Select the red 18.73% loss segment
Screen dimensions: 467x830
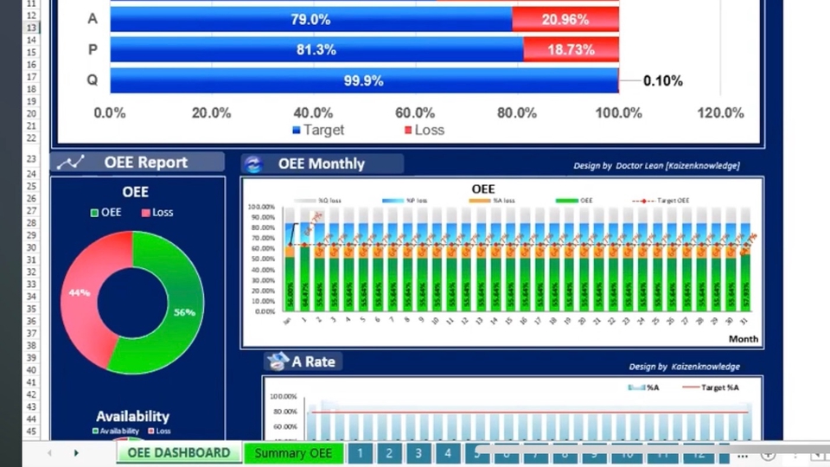coord(571,50)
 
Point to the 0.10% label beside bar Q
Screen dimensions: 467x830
coord(662,80)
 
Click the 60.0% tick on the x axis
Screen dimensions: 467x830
coord(415,112)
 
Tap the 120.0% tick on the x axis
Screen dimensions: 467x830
coord(719,112)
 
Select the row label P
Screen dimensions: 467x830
coord(93,50)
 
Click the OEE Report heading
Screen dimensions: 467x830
coord(145,163)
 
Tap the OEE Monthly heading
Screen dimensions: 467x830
coord(321,163)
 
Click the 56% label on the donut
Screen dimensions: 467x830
coord(184,312)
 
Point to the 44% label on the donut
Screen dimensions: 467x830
coord(80,292)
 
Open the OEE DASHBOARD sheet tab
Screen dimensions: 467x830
coord(178,453)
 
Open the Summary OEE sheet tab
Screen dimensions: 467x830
coord(293,453)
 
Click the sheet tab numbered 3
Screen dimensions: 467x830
coord(418,453)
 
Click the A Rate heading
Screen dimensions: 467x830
coord(312,361)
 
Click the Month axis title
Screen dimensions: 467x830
coord(743,339)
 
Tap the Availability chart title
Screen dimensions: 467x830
coord(132,416)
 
